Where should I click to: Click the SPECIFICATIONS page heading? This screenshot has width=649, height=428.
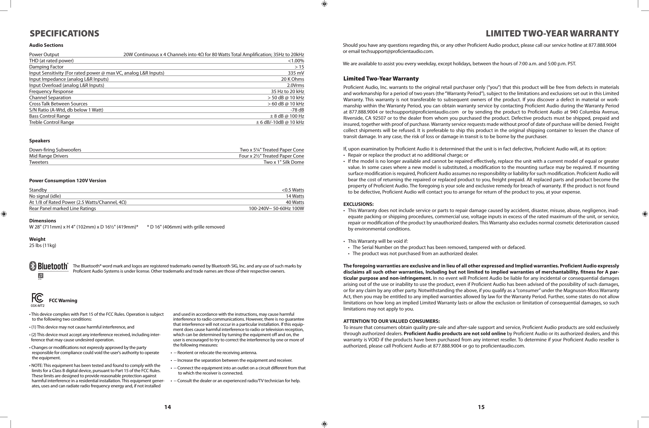pyautogui.click(x=64, y=33)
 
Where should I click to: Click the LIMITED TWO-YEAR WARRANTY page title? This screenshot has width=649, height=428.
pyautogui.click(x=552, y=33)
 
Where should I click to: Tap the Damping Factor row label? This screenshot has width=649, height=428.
pyautogui.click(x=46, y=67)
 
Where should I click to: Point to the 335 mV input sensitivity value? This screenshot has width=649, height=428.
pyautogui.click(x=296, y=73)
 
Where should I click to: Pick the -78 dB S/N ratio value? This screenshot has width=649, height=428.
pyautogui.click(x=297, y=110)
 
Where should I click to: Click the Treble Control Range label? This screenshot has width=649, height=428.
pyautogui.click(x=51, y=122)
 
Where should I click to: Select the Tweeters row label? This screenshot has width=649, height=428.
pyautogui.click(x=39, y=162)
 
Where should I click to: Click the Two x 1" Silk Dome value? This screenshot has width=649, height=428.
pyautogui.click(x=284, y=162)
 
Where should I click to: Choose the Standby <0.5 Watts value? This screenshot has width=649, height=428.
pyautogui.click(x=293, y=190)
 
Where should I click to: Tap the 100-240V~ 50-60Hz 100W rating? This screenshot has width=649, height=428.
pyautogui.click(x=276, y=209)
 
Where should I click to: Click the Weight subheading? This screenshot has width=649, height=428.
pyautogui.click(x=37, y=239)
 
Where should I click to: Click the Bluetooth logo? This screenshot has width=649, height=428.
pyautogui.click(x=49, y=266)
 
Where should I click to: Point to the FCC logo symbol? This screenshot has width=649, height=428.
pyautogui.click(x=37, y=298)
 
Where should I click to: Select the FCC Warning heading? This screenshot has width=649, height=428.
pyautogui.click(x=63, y=300)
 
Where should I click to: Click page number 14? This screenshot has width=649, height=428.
pyautogui.click(x=168, y=407)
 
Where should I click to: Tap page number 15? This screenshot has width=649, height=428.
pyautogui.click(x=481, y=407)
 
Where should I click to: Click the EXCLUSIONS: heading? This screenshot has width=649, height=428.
pyautogui.click(x=358, y=204)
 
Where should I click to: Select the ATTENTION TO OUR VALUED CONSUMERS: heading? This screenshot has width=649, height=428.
pyautogui.click(x=391, y=321)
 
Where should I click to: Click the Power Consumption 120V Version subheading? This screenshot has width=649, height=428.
pyautogui.click(x=68, y=181)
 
